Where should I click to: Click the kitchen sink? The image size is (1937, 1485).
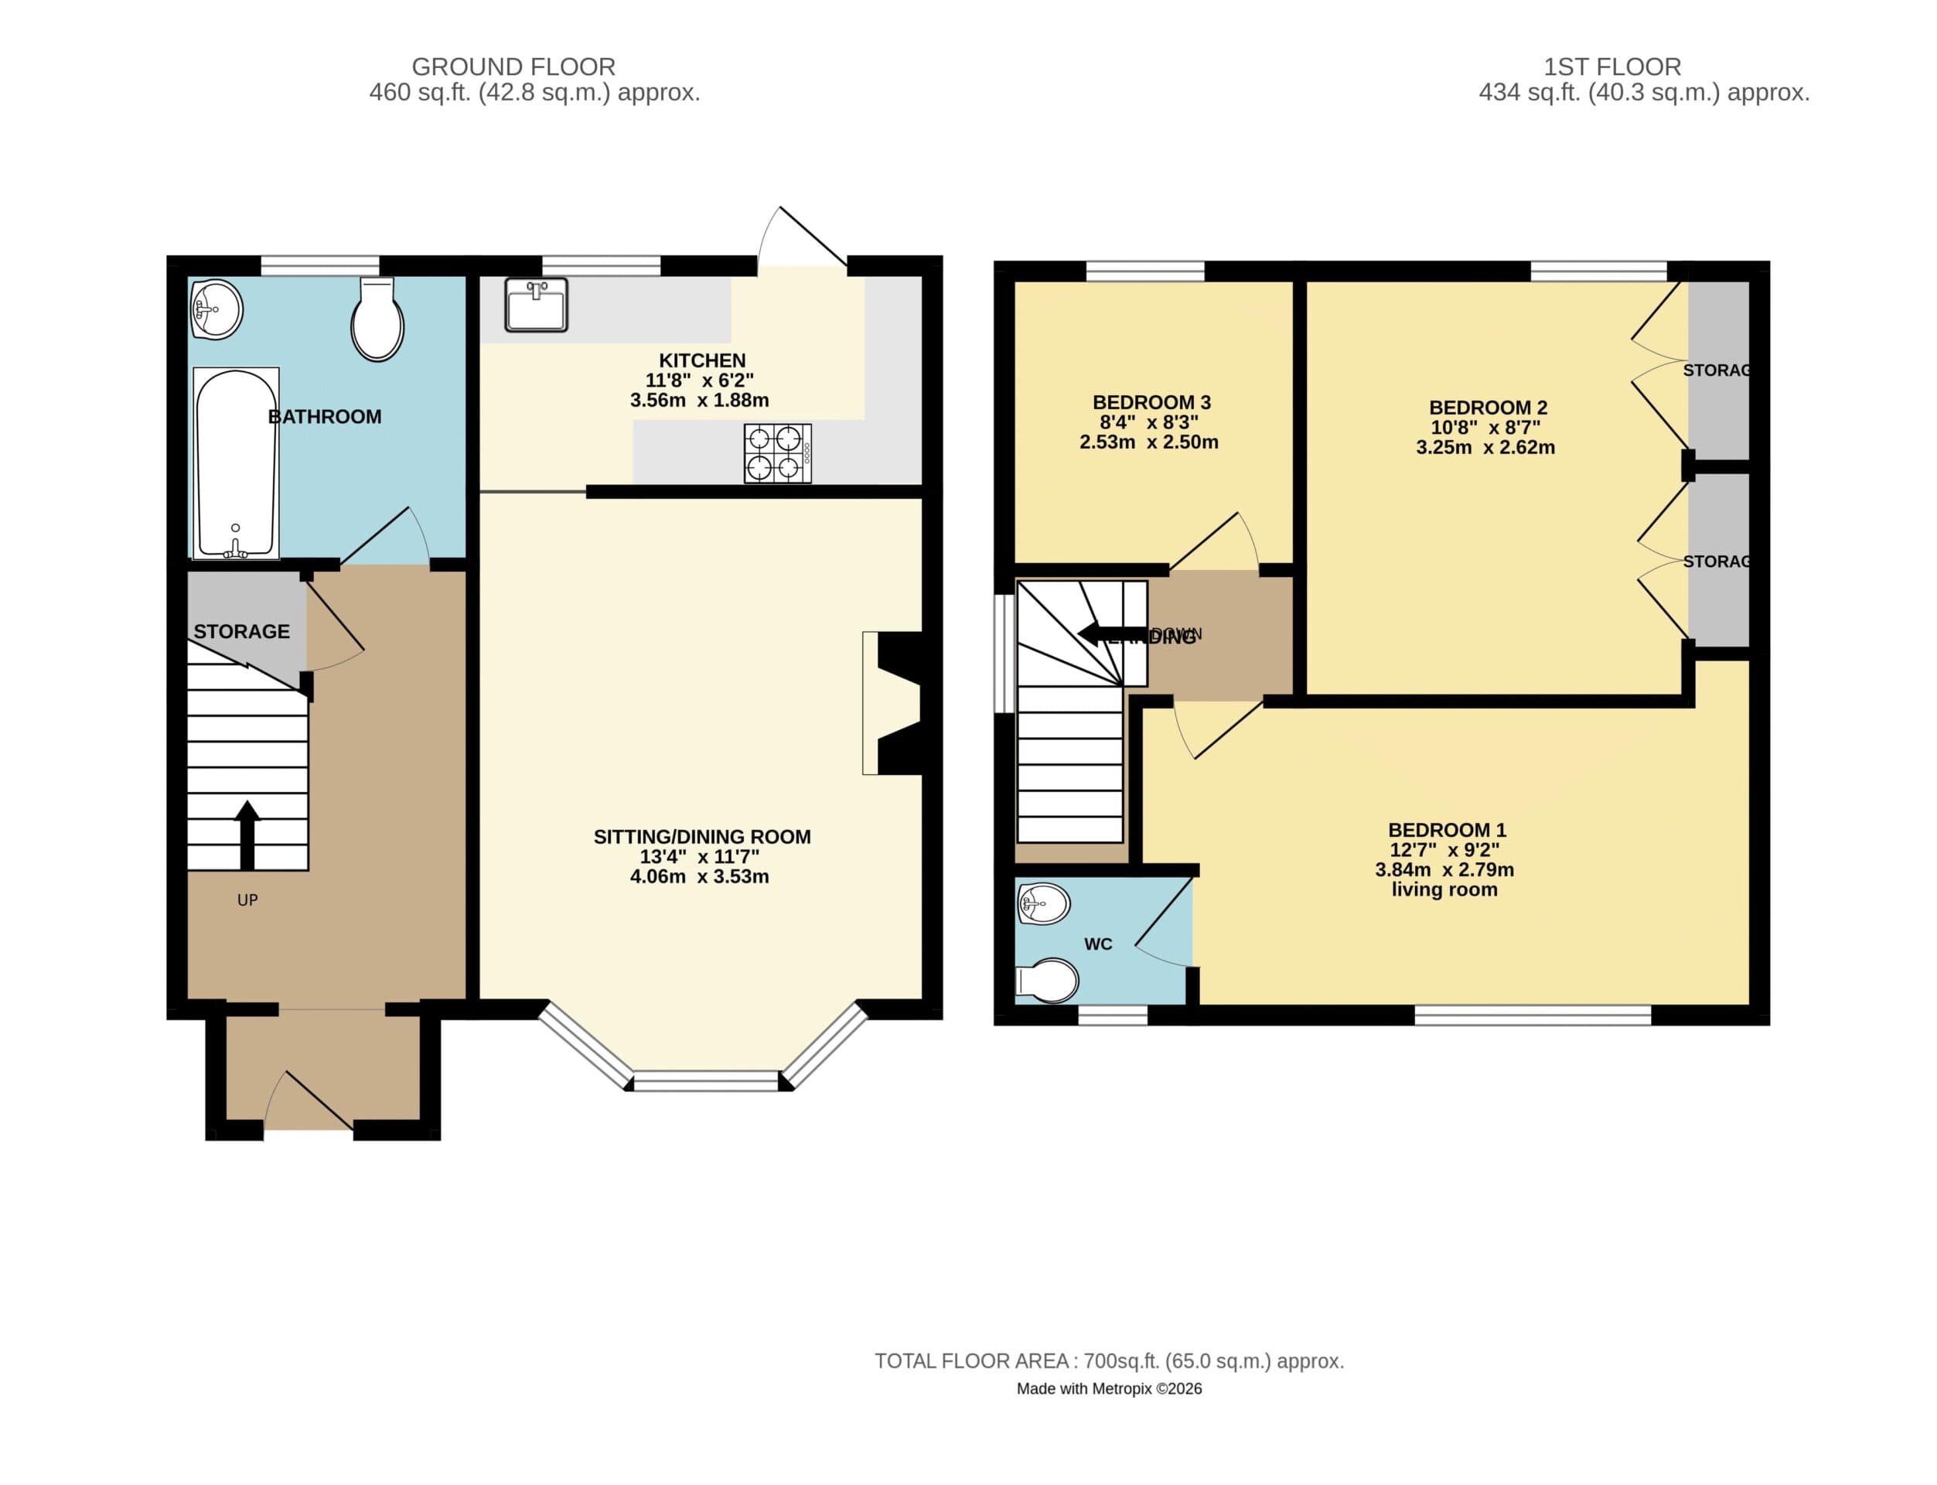click(x=536, y=304)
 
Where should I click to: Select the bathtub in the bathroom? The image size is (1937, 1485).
click(x=235, y=463)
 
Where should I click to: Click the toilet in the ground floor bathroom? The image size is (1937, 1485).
click(x=377, y=320)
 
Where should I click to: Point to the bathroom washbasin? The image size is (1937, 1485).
click(x=216, y=309)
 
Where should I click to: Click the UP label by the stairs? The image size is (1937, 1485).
click(x=247, y=900)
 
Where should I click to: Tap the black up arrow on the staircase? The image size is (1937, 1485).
click(x=247, y=834)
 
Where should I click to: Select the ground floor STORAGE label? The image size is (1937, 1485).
click(x=241, y=631)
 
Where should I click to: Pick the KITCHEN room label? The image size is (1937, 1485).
click(x=701, y=360)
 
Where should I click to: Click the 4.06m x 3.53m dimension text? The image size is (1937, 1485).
click(x=699, y=877)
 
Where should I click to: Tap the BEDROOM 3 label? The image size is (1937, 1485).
click(x=1151, y=402)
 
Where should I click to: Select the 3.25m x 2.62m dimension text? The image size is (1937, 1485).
click(x=1485, y=447)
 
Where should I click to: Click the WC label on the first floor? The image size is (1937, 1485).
click(x=1097, y=944)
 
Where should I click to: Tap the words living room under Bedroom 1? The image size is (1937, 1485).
click(x=1444, y=889)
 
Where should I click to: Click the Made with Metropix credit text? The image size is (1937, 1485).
click(x=1108, y=1388)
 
